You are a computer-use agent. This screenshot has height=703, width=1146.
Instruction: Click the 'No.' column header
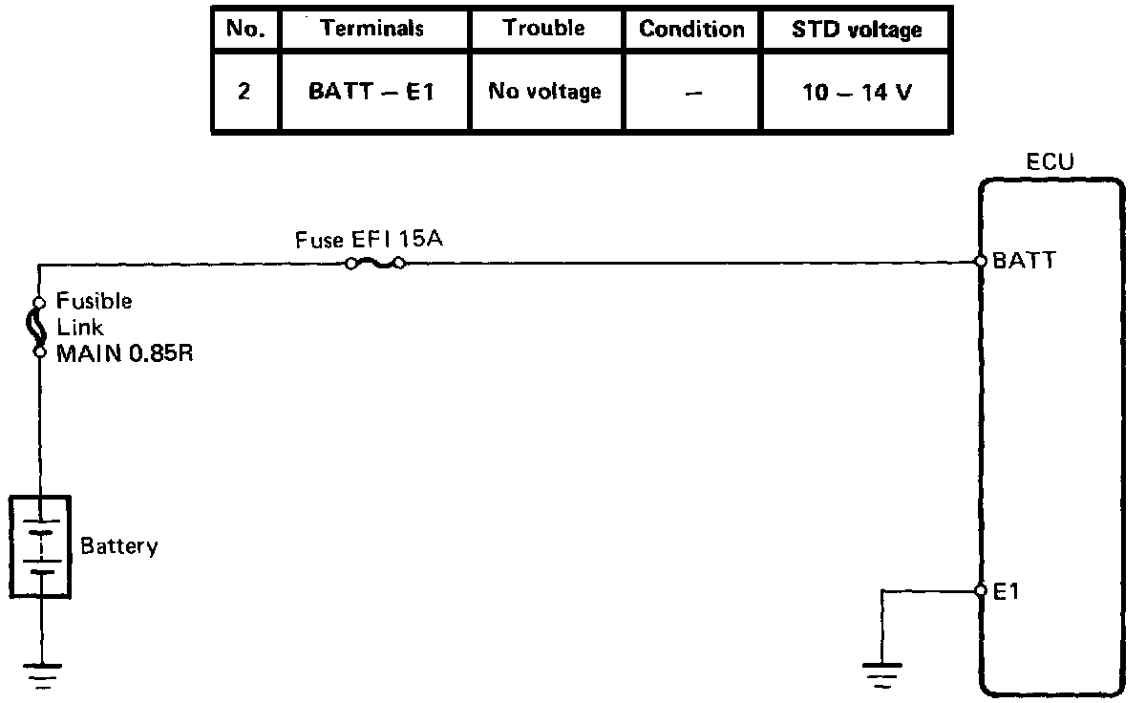point(244,30)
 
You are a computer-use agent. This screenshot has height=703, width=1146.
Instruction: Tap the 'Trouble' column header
point(544,29)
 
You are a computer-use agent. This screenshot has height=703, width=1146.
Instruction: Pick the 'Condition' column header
point(691,30)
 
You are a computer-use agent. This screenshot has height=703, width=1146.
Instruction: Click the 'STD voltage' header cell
point(857,30)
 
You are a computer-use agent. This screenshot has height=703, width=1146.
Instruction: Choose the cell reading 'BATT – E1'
point(371,93)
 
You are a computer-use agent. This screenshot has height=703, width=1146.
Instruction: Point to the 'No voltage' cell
point(544,92)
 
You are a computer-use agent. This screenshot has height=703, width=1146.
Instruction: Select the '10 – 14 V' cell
point(857,94)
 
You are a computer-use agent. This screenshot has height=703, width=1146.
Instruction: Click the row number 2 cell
point(244,94)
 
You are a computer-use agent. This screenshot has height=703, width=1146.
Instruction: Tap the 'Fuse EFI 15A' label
point(368,240)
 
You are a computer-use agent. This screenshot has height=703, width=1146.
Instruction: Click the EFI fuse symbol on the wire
point(375,263)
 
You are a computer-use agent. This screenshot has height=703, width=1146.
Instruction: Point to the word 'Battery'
point(118,547)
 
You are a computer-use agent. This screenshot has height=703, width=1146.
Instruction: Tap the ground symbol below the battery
point(40,674)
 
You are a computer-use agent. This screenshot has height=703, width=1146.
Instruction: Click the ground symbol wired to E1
point(882,674)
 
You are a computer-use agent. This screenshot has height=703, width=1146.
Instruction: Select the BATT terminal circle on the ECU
point(981,261)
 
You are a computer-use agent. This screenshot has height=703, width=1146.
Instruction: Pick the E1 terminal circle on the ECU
point(981,591)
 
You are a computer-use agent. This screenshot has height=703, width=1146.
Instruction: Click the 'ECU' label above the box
point(1050,163)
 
